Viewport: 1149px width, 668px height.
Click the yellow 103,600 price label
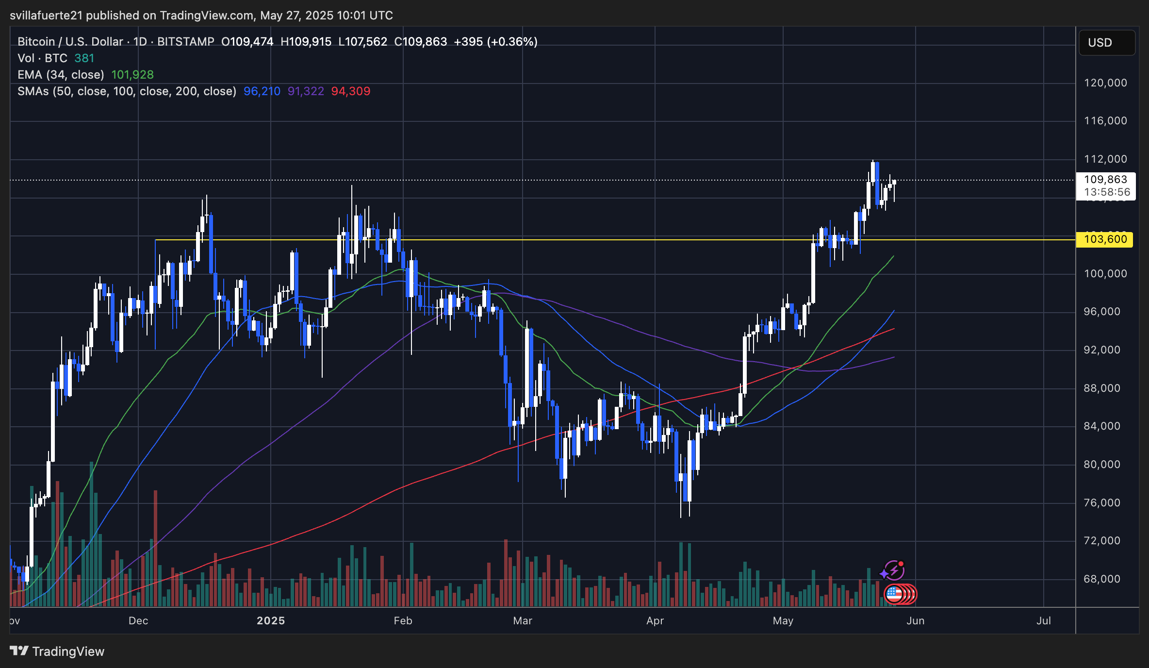point(1105,239)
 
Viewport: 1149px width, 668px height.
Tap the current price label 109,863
point(1105,180)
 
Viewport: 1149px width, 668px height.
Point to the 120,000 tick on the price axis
point(1105,83)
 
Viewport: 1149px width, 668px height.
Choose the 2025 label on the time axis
point(271,621)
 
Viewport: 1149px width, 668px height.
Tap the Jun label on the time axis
point(916,621)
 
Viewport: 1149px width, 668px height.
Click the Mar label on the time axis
point(523,621)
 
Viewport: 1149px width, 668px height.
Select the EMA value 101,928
point(132,75)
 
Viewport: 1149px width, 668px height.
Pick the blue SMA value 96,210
point(262,91)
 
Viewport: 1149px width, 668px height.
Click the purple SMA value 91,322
point(306,91)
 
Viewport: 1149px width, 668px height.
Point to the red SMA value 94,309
point(351,91)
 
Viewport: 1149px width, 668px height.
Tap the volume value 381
point(84,58)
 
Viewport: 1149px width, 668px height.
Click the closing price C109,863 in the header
point(421,42)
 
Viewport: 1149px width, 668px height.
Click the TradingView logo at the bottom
point(57,651)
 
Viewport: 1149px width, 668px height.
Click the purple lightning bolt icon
point(894,571)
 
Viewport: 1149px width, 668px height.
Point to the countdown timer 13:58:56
point(1107,192)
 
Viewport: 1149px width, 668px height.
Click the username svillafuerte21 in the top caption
point(46,16)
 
